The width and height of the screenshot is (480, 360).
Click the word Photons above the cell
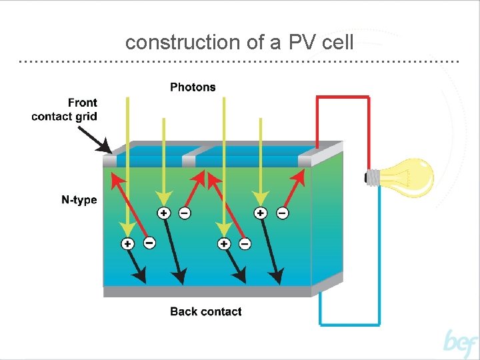[x=193, y=87]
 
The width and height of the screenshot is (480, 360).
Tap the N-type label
[x=79, y=200]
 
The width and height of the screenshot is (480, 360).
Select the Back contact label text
[x=205, y=311]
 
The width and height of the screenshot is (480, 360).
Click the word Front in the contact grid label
[x=82, y=103]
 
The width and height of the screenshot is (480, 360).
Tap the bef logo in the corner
[x=461, y=343]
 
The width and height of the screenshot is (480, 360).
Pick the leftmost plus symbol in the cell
[x=127, y=243]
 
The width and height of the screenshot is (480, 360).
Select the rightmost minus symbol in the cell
[x=283, y=213]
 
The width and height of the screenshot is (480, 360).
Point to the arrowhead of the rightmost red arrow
[x=298, y=175]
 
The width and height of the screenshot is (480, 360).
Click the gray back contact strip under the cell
[x=207, y=291]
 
